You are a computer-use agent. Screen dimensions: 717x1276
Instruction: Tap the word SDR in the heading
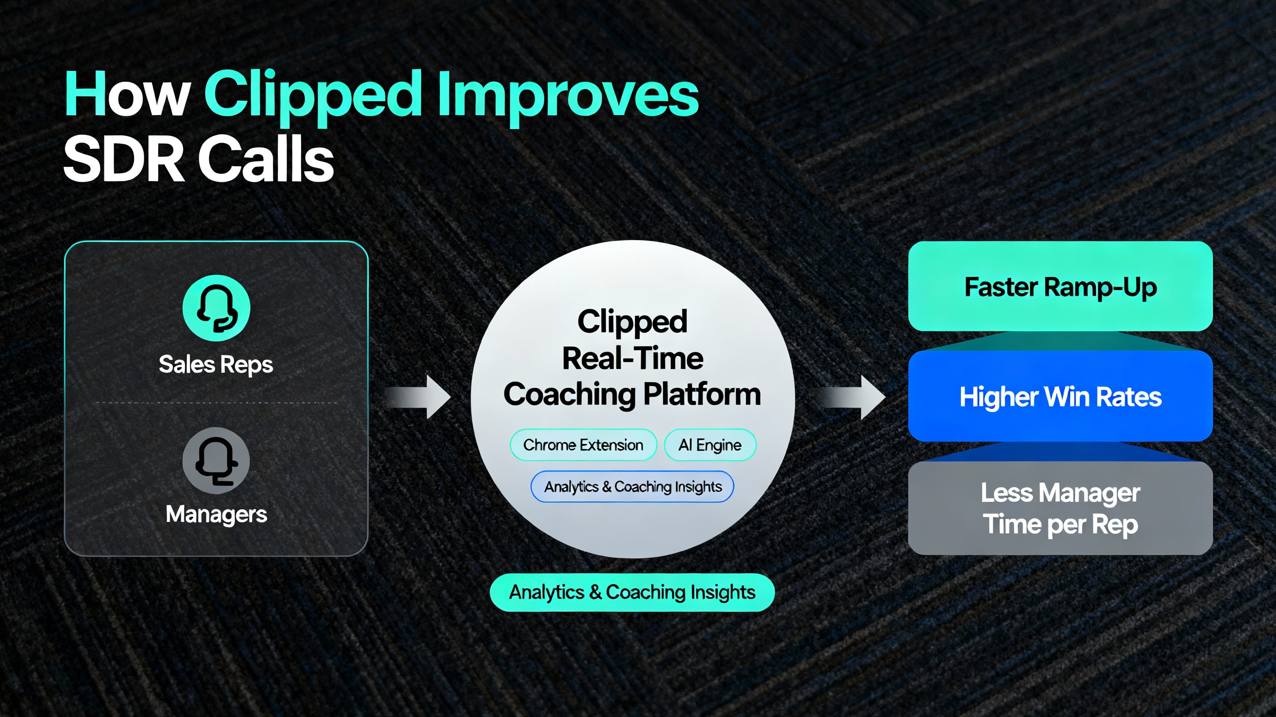pyautogui.click(x=124, y=160)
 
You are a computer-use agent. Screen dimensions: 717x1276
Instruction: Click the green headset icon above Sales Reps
pyautogui.click(x=216, y=308)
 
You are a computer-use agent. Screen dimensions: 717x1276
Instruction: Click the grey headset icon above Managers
pyautogui.click(x=216, y=461)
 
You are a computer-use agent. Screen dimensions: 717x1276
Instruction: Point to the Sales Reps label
pyautogui.click(x=216, y=365)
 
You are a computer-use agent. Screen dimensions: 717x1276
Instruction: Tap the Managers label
pyautogui.click(x=216, y=514)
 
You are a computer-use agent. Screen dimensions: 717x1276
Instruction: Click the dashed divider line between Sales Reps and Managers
pyautogui.click(x=216, y=403)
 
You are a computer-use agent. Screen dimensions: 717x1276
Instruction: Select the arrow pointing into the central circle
pyautogui.click(x=418, y=397)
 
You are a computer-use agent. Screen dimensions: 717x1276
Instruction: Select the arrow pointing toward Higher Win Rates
pyautogui.click(x=852, y=397)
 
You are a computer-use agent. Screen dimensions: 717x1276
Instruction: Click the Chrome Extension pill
pyautogui.click(x=583, y=445)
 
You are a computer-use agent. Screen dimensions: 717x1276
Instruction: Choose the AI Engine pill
pyautogui.click(x=710, y=445)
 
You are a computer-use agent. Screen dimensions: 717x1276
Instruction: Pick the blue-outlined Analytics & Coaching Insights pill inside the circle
pyautogui.click(x=632, y=487)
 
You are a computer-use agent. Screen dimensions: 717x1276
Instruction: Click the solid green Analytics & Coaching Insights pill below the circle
pyautogui.click(x=632, y=592)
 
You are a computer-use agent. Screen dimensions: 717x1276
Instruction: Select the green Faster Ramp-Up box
pyautogui.click(x=1060, y=286)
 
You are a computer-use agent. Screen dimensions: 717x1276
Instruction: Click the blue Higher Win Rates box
pyautogui.click(x=1060, y=397)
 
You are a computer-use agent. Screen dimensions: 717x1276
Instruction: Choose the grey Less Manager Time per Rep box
pyautogui.click(x=1060, y=508)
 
